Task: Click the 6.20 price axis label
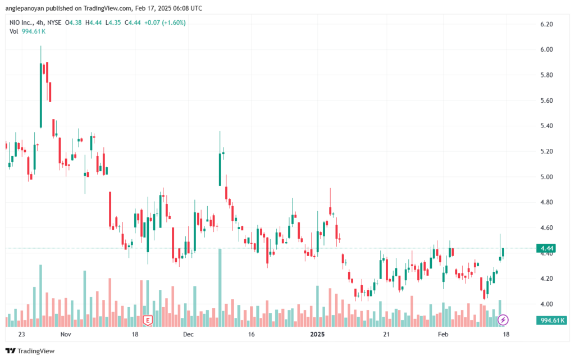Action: pos(546,24)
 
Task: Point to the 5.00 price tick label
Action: pos(546,177)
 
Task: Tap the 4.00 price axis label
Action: pos(546,304)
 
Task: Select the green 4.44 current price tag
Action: pos(546,248)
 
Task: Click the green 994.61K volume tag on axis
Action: pos(551,321)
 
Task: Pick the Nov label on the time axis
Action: pos(66,334)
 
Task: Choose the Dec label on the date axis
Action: pos(188,334)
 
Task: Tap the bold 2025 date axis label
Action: pos(317,334)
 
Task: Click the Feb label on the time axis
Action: pos(443,334)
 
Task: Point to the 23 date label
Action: pos(22,334)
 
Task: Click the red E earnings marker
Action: pos(148,321)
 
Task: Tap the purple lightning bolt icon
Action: pos(503,320)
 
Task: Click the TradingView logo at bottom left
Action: pos(30,351)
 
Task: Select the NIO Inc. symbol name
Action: pos(21,22)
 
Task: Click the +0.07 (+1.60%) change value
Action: pos(165,22)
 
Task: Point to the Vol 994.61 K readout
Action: pos(28,31)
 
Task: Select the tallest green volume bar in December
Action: pos(220,288)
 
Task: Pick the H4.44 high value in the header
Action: pos(94,22)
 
